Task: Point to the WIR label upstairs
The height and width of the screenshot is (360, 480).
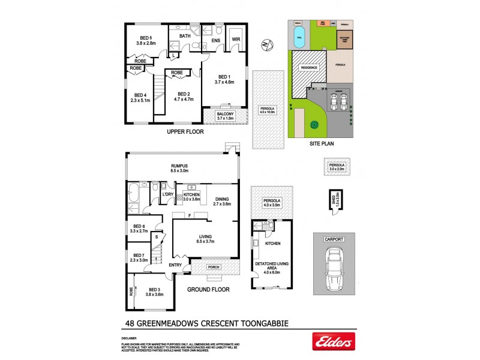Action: click(x=235, y=40)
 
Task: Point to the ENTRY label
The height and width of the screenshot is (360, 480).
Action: click(x=175, y=265)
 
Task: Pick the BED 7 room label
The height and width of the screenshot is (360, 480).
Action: click(x=139, y=257)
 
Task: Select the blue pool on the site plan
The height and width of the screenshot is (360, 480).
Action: click(x=299, y=35)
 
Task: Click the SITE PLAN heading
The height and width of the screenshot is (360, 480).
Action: click(x=322, y=144)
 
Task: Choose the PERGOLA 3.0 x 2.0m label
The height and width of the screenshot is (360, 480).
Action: click(x=336, y=167)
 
